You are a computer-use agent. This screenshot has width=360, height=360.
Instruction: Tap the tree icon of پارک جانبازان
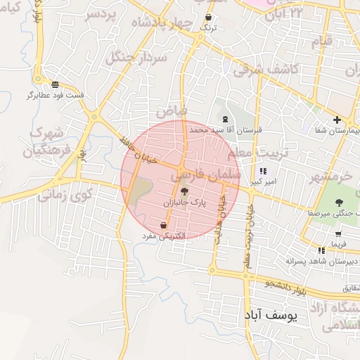pos(184,191)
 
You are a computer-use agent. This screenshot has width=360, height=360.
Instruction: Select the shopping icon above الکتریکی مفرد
pos(164,225)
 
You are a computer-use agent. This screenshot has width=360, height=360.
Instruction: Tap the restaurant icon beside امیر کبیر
pos(263,171)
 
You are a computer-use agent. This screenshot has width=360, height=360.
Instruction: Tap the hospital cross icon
pos(337,120)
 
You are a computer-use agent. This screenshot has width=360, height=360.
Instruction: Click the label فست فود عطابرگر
pos(56,94)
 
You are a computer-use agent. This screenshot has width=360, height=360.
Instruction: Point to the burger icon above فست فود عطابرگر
pos(55,84)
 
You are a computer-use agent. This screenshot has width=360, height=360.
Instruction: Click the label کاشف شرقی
pos(266,69)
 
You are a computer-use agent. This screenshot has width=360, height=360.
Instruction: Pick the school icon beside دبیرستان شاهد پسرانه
pos(321,250)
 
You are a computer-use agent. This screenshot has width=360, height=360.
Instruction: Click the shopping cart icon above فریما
pos(339,234)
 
